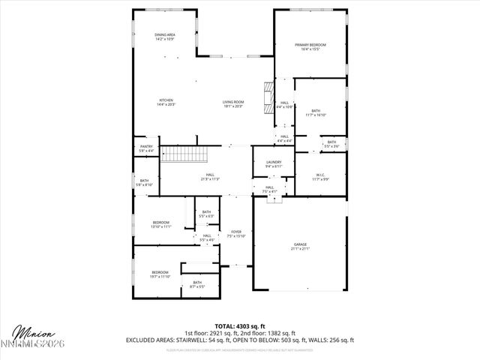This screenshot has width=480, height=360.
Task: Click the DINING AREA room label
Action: [165, 34]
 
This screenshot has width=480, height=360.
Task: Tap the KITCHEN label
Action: [166, 100]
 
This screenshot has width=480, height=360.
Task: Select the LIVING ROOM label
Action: [233, 102]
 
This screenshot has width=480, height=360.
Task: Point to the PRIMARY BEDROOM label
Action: [310, 46]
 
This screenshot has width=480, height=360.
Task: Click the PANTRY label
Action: [146, 148]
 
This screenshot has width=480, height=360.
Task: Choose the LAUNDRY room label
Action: [273, 162]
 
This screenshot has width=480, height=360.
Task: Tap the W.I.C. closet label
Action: [320, 175]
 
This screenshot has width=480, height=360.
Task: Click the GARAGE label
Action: [300, 245]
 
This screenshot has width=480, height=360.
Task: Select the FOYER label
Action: [236, 232]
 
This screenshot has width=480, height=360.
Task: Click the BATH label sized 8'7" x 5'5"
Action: [197, 282]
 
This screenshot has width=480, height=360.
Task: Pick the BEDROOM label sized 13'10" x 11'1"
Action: [161, 222]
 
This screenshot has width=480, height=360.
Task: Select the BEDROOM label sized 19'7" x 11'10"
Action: [160, 272]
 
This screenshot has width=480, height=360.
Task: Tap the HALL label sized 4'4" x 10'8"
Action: [284, 103]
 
